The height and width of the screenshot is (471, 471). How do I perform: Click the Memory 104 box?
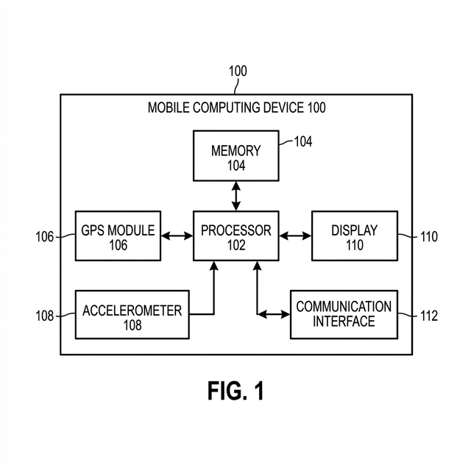tap(235, 156)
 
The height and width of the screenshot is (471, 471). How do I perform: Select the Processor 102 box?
tap(235, 235)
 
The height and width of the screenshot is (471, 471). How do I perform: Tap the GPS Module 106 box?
tap(118, 235)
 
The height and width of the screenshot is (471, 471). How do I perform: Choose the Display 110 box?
tap(354, 235)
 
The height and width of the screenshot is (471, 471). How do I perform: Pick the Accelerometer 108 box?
tap(132, 314)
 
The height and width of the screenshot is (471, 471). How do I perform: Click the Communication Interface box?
tap(344, 314)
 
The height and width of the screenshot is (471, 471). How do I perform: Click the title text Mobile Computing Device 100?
tap(236, 107)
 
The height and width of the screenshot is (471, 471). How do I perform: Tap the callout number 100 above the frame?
tap(238, 71)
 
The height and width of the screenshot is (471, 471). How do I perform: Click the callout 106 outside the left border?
tap(45, 237)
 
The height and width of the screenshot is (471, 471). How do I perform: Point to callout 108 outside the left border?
tap(45, 316)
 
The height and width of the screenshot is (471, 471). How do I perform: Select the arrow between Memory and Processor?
tap(235, 196)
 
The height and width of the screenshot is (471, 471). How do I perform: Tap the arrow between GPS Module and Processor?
tap(177, 236)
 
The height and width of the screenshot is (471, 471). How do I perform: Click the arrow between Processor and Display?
tap(295, 236)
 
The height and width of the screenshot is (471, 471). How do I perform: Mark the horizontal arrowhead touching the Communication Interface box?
tap(286, 314)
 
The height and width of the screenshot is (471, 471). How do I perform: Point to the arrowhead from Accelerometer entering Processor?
tap(214, 266)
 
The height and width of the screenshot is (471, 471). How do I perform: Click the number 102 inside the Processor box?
tap(235, 245)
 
